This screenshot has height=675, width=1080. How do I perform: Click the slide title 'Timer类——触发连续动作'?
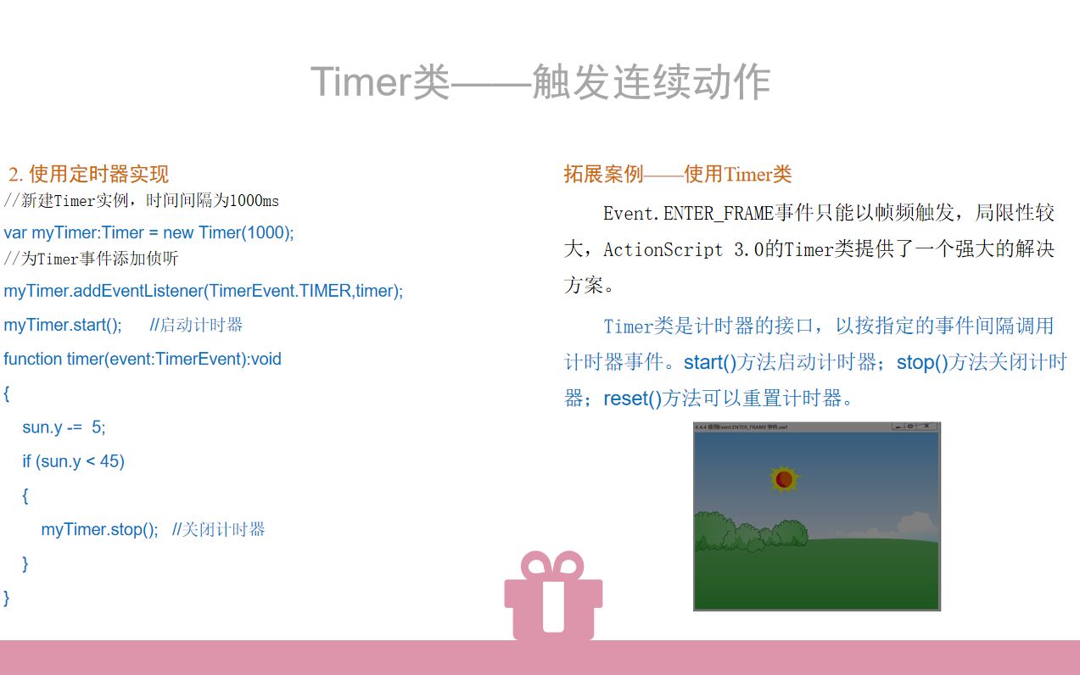click(x=540, y=83)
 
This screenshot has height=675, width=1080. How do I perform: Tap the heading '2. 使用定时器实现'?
click(x=89, y=175)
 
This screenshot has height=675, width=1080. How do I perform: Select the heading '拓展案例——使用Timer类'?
click(x=677, y=175)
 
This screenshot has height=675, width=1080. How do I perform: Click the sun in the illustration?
click(x=784, y=479)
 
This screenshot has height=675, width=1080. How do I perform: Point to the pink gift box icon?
click(x=553, y=597)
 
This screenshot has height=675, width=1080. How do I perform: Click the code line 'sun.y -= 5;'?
click(x=64, y=427)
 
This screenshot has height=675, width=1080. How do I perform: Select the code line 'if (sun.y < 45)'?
click(x=74, y=461)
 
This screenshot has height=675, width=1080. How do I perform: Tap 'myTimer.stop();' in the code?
click(x=99, y=529)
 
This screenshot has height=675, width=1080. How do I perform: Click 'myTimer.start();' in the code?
click(x=63, y=325)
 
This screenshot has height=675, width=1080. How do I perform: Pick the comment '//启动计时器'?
click(x=196, y=325)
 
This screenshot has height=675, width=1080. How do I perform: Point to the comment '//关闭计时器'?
click(x=219, y=529)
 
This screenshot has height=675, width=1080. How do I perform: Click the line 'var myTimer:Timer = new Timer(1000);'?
click(x=148, y=232)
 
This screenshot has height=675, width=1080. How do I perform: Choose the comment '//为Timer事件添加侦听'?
click(x=91, y=259)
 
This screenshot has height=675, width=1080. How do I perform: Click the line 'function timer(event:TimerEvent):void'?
click(x=143, y=359)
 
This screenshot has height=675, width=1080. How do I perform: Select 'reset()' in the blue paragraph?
click(x=632, y=399)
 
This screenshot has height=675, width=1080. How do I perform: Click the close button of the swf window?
click(x=926, y=426)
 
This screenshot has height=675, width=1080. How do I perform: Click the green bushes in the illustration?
click(x=747, y=533)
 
